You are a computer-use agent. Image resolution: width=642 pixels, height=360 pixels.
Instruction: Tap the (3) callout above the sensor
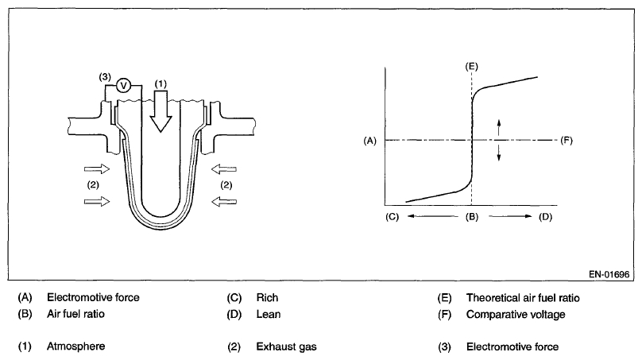[104, 76]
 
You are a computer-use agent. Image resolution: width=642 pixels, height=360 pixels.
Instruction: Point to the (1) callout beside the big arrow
[162, 83]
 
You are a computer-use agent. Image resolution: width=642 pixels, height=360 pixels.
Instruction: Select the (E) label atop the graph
[471, 65]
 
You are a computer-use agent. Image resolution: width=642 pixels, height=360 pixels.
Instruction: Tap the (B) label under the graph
[471, 216]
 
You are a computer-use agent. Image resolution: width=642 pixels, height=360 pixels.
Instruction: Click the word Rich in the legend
[266, 298]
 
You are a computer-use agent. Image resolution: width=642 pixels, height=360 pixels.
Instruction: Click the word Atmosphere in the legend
[76, 346]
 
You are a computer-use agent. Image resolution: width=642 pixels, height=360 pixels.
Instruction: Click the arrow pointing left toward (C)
[424, 216]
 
